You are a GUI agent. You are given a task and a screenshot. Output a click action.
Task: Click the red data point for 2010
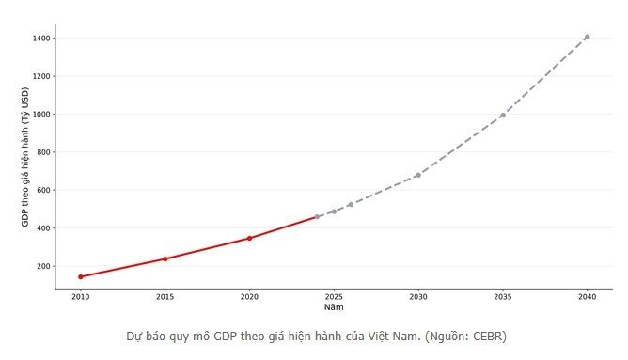point(81,276)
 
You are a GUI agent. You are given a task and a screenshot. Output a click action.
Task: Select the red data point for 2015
point(165,258)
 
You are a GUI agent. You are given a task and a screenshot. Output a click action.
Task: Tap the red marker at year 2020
point(249,238)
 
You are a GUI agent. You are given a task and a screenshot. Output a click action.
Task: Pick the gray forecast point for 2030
point(418,175)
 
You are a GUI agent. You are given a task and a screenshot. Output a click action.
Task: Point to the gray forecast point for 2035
point(503,116)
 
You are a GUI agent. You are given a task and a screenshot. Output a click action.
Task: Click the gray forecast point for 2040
point(588,37)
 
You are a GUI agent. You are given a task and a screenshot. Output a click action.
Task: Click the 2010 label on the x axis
point(81,298)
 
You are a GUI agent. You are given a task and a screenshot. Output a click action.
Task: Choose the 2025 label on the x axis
point(334,298)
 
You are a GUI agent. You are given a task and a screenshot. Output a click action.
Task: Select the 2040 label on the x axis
point(588,298)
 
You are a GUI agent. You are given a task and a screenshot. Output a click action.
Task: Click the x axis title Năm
point(334,307)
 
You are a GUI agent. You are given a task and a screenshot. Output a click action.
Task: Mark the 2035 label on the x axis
point(503,298)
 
